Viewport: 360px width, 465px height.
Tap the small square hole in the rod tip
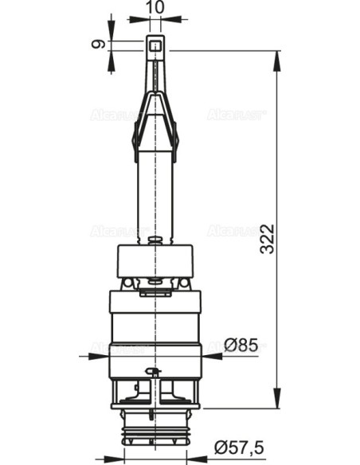click(x=155, y=53)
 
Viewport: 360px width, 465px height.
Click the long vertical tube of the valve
click(x=155, y=191)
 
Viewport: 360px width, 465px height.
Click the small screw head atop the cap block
click(x=155, y=236)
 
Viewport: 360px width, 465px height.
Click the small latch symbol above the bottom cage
click(x=155, y=372)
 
